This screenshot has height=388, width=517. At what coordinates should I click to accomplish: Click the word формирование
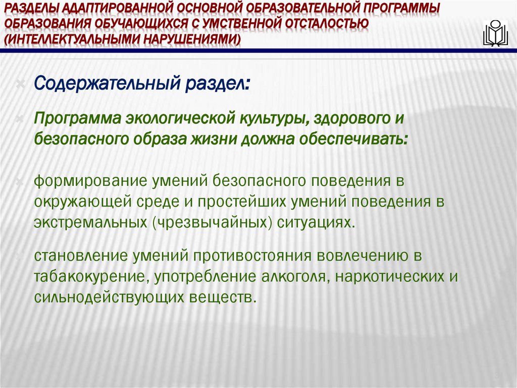[x=87, y=181]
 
